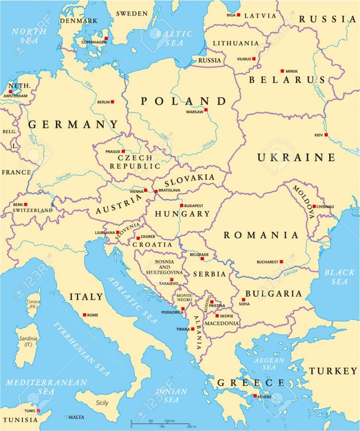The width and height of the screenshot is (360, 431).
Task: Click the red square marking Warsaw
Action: tap(206, 110)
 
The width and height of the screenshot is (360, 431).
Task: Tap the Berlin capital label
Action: tap(103, 102)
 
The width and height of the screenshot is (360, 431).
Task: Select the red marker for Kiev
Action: tap(326, 135)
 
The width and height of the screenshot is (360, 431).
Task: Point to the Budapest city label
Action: tap(194, 206)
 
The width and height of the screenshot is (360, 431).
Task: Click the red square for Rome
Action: tap(84, 315)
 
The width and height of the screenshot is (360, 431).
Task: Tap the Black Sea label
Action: tap(339, 277)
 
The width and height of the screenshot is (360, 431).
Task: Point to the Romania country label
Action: tap(261, 235)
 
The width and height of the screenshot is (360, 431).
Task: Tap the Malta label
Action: tap(76, 417)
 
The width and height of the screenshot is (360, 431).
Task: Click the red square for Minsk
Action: tap(282, 71)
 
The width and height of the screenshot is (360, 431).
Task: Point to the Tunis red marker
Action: tap(38, 411)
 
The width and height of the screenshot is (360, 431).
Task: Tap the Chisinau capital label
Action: tap(326, 207)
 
